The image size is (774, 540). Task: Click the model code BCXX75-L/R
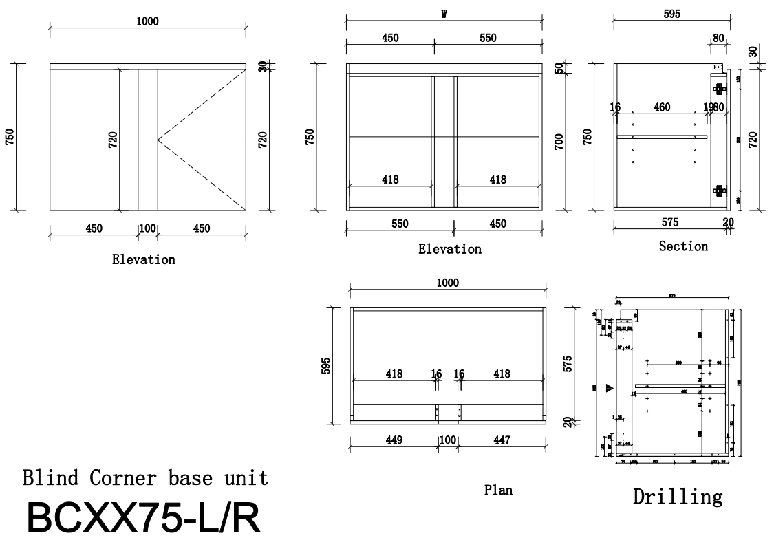[x=144, y=518]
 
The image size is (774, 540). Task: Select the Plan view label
[x=498, y=490]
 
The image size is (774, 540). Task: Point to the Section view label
[x=682, y=246]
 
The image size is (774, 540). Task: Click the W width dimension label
[x=444, y=14]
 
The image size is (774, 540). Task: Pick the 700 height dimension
[x=559, y=142]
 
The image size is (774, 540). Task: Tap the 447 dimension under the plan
[x=502, y=440]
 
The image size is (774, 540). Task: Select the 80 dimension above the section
[x=718, y=39]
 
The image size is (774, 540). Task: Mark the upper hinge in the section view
[x=719, y=89]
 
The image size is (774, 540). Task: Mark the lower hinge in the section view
[x=719, y=191]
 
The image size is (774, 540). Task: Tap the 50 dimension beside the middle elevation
[x=559, y=69]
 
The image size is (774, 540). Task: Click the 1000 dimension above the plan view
[x=447, y=283]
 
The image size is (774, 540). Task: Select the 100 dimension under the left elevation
[x=147, y=228]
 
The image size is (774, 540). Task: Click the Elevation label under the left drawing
[x=144, y=259]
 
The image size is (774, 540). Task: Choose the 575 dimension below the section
[x=669, y=222]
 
